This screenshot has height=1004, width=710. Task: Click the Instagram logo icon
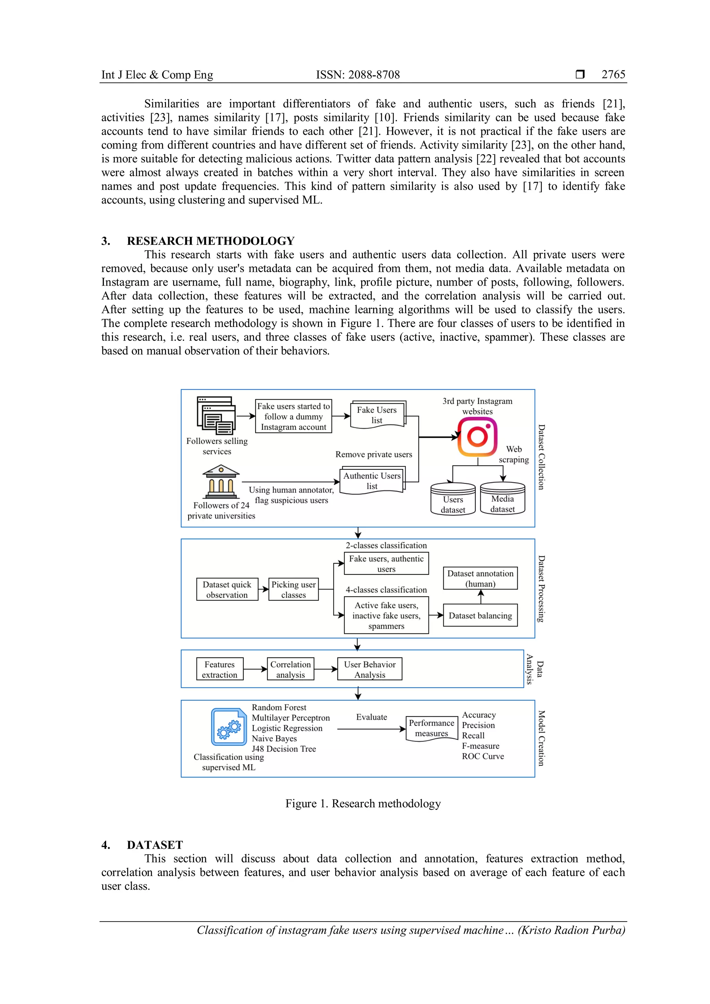click(x=477, y=437)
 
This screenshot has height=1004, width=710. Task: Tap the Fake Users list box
click(x=377, y=415)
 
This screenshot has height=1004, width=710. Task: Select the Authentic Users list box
click(x=372, y=481)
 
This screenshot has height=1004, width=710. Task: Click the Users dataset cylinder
click(x=453, y=499)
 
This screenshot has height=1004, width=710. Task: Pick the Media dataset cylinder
click(x=502, y=499)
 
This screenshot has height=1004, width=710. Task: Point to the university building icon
click(x=221, y=482)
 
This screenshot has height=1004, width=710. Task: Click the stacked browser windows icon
click(x=216, y=415)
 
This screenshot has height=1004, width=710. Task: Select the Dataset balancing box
click(x=480, y=615)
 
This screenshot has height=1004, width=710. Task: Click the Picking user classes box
click(x=293, y=589)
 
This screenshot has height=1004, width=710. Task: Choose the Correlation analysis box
click(x=290, y=669)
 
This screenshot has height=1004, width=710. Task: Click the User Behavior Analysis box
click(x=370, y=669)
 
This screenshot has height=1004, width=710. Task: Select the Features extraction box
click(x=219, y=669)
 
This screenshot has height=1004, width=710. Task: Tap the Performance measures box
click(x=432, y=728)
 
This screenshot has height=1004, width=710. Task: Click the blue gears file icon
click(x=229, y=727)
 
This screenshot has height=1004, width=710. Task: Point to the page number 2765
click(x=613, y=74)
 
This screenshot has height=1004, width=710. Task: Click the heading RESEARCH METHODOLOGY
click(x=210, y=241)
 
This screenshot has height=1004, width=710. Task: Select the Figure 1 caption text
click(x=363, y=803)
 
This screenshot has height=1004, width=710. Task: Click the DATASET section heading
click(x=155, y=845)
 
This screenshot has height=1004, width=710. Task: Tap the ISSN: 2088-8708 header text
click(x=358, y=75)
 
